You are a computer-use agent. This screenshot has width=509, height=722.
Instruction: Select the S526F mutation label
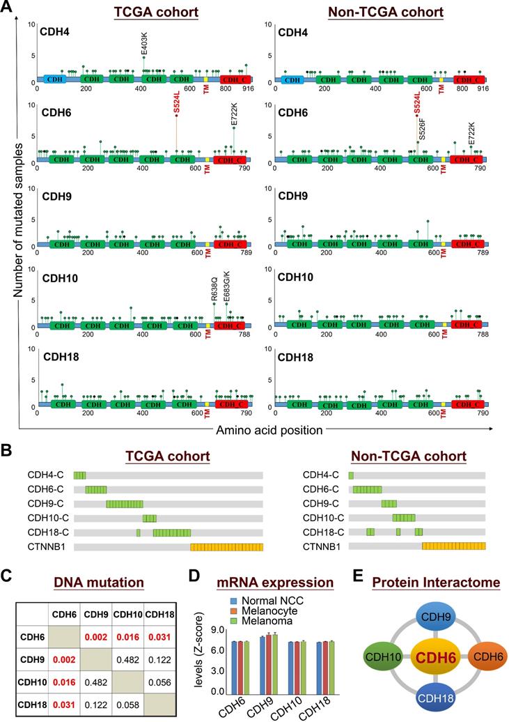tap(422, 130)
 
